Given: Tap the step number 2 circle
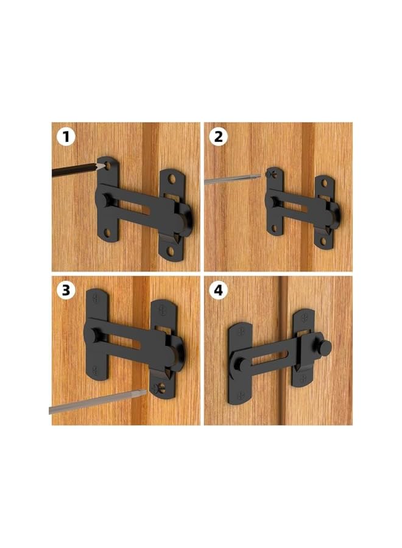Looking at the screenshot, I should click(x=217, y=136).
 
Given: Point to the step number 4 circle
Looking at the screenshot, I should click(x=217, y=290).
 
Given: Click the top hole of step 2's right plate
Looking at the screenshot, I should click(x=323, y=184).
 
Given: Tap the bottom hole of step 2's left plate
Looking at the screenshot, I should click(x=273, y=228).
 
